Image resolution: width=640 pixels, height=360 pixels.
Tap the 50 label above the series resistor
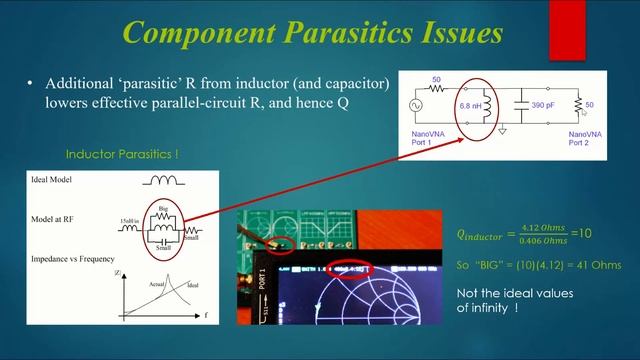[436, 79]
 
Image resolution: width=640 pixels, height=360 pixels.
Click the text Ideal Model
[56, 180]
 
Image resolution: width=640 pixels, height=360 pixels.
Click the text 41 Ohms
[583, 269]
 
